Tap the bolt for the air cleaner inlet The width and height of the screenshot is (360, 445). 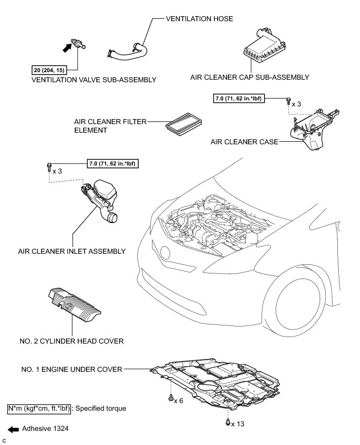tap(48, 165)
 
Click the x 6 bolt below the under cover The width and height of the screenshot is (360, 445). tap(170, 399)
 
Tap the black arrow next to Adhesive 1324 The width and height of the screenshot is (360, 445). tap(14, 429)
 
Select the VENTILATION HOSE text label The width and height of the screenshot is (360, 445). tap(199, 18)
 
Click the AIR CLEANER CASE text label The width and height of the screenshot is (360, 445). tap(244, 142)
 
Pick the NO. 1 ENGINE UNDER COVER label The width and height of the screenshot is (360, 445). tap(73, 369)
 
